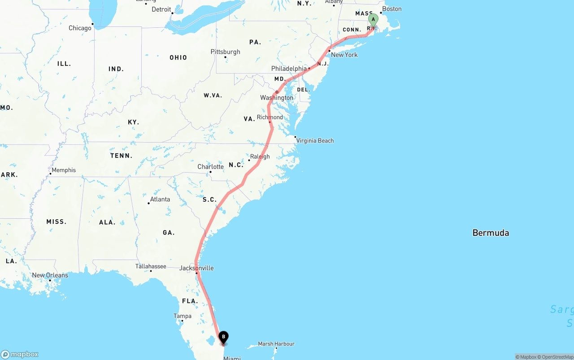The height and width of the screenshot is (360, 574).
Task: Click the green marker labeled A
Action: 373,20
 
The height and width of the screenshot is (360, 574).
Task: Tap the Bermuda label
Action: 491,233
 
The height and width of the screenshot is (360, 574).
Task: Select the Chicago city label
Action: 80,28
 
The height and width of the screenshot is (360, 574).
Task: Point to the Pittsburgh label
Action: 225,52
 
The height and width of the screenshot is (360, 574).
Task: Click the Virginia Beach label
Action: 315,140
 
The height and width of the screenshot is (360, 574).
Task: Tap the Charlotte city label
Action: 210,167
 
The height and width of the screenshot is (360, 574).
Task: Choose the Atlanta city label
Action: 160,199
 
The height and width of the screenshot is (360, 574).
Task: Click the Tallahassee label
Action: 151,266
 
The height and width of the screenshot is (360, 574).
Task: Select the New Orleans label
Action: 50,275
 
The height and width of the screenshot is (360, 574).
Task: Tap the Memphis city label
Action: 64,170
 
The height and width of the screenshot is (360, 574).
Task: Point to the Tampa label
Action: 183,316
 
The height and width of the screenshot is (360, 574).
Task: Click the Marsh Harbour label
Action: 276,344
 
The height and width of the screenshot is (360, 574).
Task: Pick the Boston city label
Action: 392,9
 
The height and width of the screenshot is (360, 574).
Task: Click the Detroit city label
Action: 161,9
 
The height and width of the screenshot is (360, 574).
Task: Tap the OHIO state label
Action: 178,57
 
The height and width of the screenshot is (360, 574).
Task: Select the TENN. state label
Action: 121,156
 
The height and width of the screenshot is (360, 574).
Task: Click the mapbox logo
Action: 20,354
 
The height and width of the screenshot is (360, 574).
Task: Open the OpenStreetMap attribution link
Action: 556,357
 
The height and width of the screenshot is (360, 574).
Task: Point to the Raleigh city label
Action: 260,156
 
